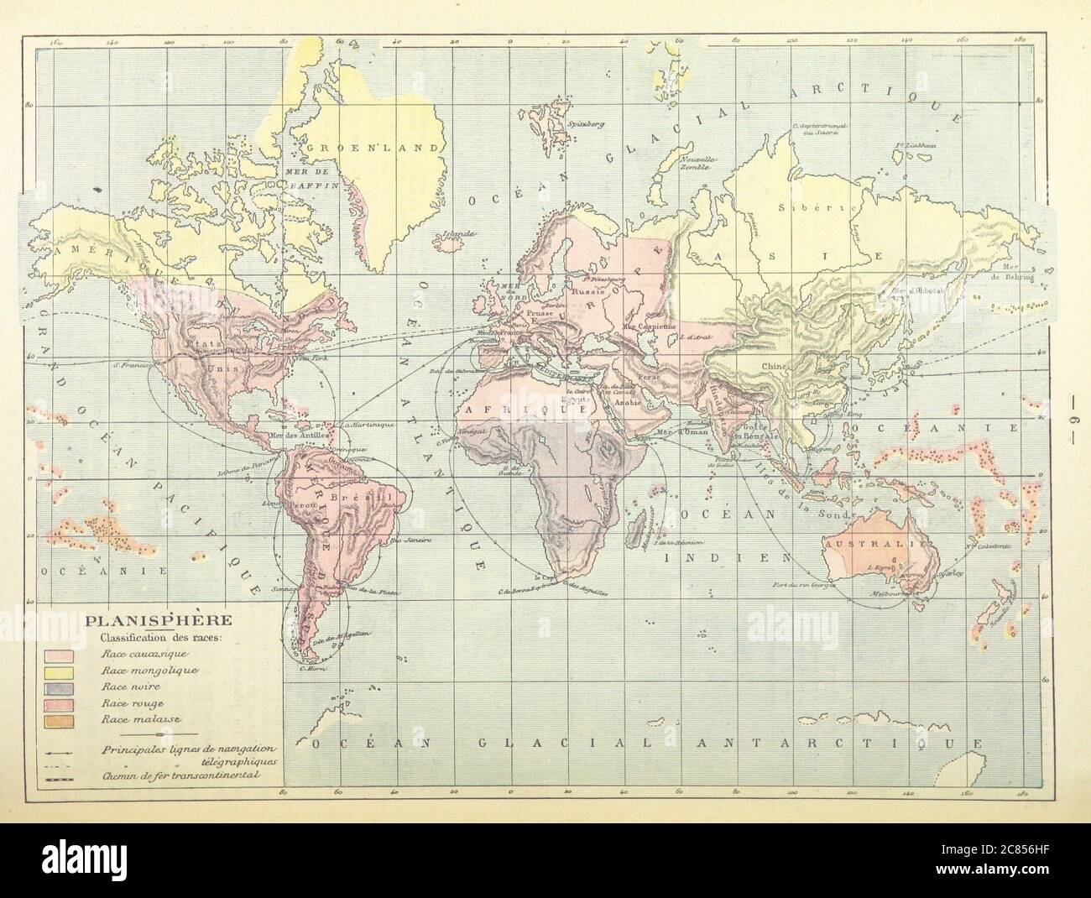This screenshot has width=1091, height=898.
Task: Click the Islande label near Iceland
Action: [x=461, y=233]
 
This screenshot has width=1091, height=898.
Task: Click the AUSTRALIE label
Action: [x=878, y=543]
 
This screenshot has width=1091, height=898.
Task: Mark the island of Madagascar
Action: [x=645, y=525]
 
